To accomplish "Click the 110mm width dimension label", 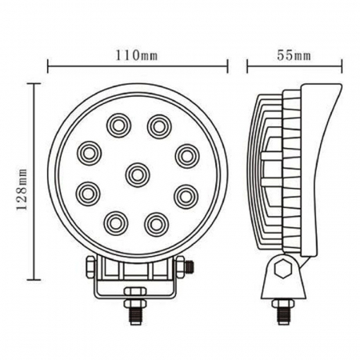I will click(x=138, y=56).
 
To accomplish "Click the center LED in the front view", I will click(x=138, y=173).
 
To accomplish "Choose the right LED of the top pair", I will click(x=158, y=124).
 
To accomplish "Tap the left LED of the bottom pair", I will click(x=117, y=220).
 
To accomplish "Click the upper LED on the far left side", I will click(x=88, y=152).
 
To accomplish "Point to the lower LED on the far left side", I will click(x=88, y=193).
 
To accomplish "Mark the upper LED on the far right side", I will click(x=186, y=152).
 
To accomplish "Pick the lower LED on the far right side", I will click(x=186, y=193).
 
